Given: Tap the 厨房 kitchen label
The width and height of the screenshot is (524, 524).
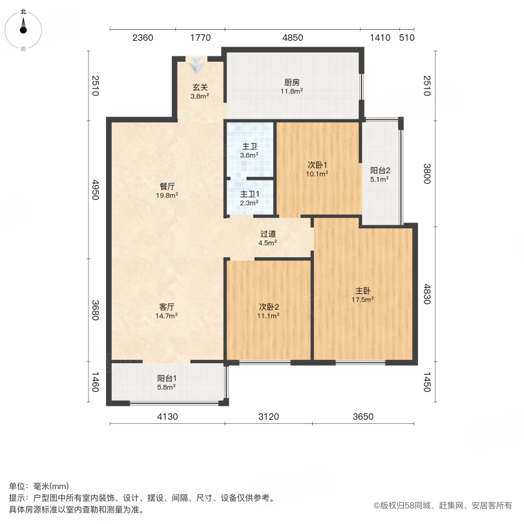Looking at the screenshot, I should pyautogui.click(x=292, y=86).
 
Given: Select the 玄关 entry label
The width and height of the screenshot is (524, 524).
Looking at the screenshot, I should pyautogui.click(x=200, y=92).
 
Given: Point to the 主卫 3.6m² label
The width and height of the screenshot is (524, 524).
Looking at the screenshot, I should pyautogui.click(x=249, y=151).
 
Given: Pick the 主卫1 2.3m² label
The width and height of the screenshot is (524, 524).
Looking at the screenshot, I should pyautogui.click(x=249, y=198).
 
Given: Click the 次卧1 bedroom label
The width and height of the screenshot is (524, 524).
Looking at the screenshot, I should pyautogui.click(x=318, y=168).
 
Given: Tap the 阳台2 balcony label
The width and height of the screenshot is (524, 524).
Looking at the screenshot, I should pyautogui.click(x=380, y=175).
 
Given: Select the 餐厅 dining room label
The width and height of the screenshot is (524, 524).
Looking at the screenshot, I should pyautogui.click(x=168, y=191).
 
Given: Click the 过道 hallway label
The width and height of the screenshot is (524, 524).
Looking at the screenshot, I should pyautogui.click(x=268, y=239).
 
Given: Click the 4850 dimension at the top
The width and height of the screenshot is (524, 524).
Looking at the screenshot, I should pyautogui.click(x=293, y=38).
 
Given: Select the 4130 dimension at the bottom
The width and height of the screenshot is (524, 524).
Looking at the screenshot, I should pyautogui.click(x=167, y=416).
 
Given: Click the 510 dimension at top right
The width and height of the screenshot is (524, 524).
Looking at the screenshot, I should pyautogui.click(x=406, y=38).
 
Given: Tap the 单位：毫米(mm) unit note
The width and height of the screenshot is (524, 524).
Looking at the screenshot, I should pyautogui.click(x=38, y=487).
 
